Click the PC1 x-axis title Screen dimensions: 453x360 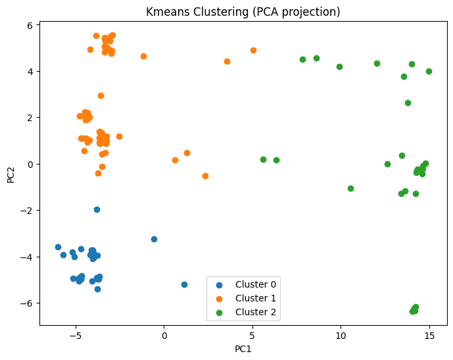[x=243, y=349]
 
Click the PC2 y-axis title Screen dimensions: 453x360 [x=12, y=174]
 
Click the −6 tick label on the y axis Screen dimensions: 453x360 [x=28, y=303]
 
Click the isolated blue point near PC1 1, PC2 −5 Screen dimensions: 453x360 [x=184, y=284]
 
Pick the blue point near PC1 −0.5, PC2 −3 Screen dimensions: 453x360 [x=155, y=239]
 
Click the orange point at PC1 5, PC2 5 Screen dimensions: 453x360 [x=253, y=50]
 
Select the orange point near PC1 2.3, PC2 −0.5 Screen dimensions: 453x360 [x=205, y=176]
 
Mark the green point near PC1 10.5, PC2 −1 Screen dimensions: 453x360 [x=350, y=188]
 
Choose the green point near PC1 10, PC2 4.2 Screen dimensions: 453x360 [x=339, y=66]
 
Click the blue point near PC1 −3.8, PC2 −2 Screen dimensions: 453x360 [x=97, y=209]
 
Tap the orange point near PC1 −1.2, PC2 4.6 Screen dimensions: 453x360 [x=143, y=56]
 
